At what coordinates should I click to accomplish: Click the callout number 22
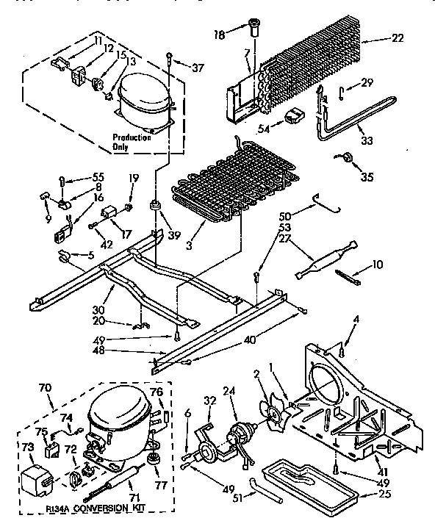(398, 38)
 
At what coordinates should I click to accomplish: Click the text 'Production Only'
(132, 142)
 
